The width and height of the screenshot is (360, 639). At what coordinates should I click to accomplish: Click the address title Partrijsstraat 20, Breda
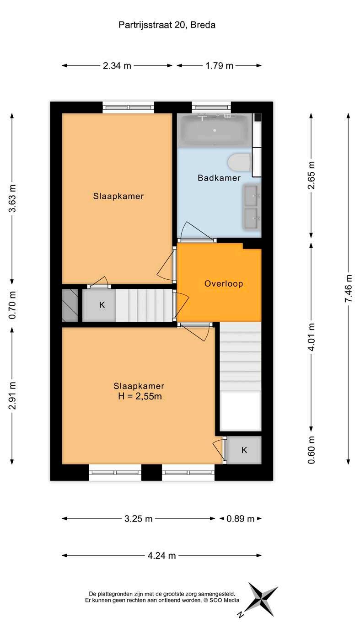[167, 25]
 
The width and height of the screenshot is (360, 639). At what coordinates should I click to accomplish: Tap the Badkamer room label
[219, 178]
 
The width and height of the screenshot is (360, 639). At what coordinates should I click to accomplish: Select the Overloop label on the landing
[224, 283]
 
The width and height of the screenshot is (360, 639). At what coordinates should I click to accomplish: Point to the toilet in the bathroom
[239, 162]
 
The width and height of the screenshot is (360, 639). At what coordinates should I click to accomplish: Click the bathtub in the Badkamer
[214, 130]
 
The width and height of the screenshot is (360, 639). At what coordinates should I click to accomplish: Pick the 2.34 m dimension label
[117, 66]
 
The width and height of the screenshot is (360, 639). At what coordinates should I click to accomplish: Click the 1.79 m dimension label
[219, 66]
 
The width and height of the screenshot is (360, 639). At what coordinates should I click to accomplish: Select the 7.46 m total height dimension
[348, 288]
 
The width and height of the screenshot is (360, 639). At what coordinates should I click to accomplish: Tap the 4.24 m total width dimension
[161, 555]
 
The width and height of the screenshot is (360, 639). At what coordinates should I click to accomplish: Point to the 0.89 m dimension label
[240, 519]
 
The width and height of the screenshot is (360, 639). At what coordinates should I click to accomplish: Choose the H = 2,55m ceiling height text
[140, 396]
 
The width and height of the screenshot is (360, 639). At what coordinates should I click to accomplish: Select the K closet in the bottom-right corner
[244, 450]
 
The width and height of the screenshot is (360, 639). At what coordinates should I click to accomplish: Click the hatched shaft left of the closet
[70, 305]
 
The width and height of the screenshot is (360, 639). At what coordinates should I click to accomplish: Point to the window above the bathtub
[211, 107]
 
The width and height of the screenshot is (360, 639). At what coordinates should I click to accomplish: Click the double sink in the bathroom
[252, 207]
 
